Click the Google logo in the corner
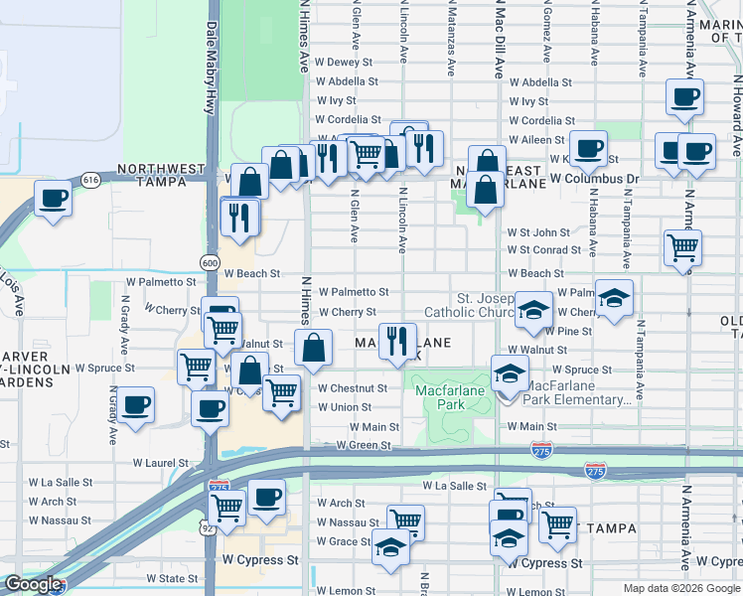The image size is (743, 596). pos(32,584)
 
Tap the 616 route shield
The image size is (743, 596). pos(90,180)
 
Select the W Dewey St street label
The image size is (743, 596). pos(343,62)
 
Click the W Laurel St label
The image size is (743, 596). pos(162,463)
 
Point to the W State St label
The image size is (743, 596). pos(172,577)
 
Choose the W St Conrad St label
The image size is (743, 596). pos(543,250)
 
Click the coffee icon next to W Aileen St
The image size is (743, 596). pos(588,147)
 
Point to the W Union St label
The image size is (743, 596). pos(345,407)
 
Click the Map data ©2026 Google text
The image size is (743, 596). pos(680,588)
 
